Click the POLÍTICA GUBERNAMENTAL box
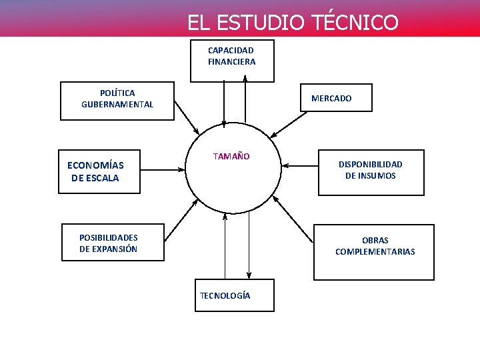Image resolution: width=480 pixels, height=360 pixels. pos(117,100)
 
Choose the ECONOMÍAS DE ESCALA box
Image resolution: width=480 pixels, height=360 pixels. pos(99,171)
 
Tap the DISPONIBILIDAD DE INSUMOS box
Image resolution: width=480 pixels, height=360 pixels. pos(371,172)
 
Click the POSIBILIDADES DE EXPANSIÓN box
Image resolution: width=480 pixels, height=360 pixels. pos(112,242)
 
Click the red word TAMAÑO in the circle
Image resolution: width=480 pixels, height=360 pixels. pos(231,157)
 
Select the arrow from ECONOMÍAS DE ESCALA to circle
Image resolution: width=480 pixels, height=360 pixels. pos(162,169)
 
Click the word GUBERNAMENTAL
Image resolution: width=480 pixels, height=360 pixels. pos(117,105)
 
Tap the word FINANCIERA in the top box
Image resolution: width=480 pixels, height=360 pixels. pos(231,62)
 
